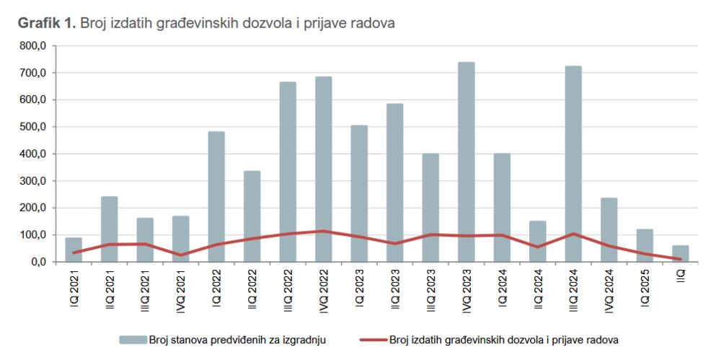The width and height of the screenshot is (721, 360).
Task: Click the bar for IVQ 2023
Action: point(466,162)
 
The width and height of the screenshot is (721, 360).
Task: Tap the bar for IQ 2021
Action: point(74,250)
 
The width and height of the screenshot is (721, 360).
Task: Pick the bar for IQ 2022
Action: point(216,196)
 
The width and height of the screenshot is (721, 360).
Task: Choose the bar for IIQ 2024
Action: point(538,241)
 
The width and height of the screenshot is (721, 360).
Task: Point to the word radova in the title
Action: point(375,23)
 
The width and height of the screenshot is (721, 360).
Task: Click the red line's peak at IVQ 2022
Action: point(324,231)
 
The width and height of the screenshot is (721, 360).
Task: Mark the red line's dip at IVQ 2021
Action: point(181,255)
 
